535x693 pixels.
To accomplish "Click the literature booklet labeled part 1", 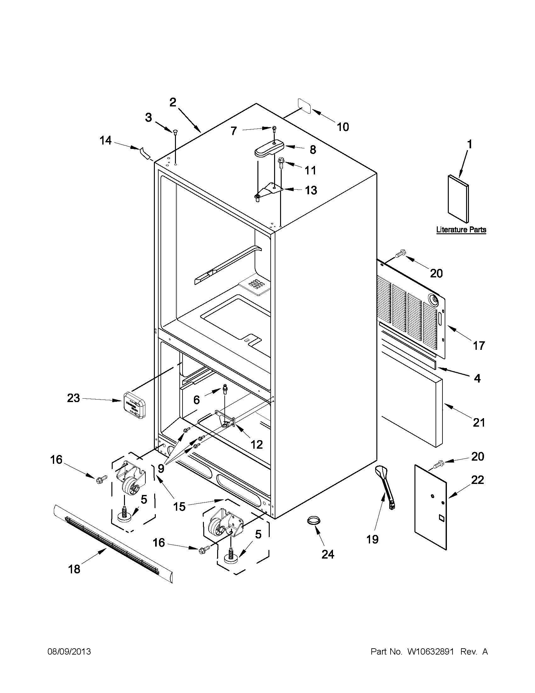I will [x=458, y=198].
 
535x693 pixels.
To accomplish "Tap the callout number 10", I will [x=342, y=127].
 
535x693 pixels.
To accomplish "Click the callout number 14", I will [x=105, y=140].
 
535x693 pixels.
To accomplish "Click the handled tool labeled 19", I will [x=385, y=489].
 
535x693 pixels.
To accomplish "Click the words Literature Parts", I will [x=461, y=230].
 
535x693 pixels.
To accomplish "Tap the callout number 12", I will [x=256, y=445].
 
